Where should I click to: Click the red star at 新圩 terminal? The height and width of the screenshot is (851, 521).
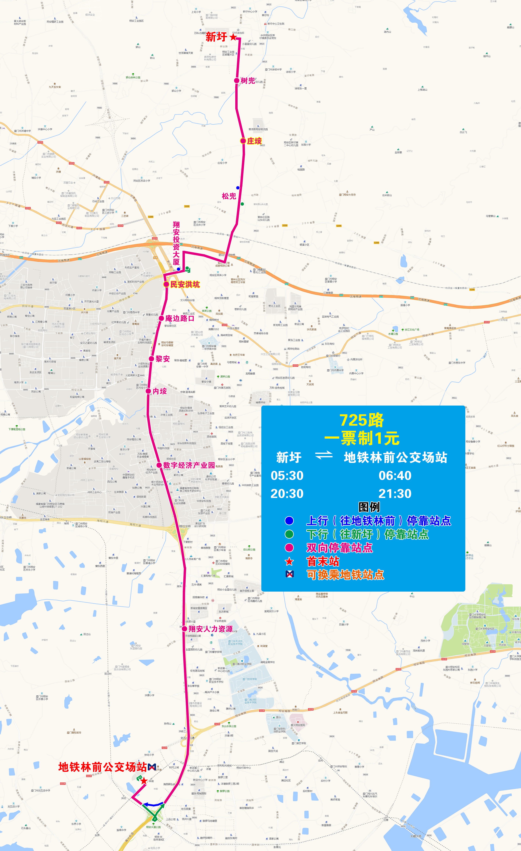pyautogui.click(x=233, y=37)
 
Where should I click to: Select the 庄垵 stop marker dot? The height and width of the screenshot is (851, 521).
pyautogui.click(x=243, y=141)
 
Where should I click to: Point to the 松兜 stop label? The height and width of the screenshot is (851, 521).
pyautogui.click(x=229, y=196)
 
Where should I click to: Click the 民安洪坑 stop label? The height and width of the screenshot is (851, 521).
pyautogui.click(x=185, y=284)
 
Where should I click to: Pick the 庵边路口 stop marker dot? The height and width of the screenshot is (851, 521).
pyautogui.click(x=161, y=318)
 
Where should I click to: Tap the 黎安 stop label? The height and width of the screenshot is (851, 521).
pyautogui.click(x=162, y=359)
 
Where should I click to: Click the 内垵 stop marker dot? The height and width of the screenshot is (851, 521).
pyautogui.click(x=148, y=391)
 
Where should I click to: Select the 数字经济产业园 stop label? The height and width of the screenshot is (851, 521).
pyautogui.click(x=189, y=465)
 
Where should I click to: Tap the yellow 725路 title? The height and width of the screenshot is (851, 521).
pyautogui.click(x=361, y=420)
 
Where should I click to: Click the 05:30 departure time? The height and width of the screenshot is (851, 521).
pyautogui.click(x=287, y=476)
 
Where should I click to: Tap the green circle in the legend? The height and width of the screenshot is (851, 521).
pyautogui.click(x=289, y=534)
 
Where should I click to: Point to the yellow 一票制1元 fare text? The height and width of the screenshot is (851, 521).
pyautogui.click(x=361, y=438)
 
